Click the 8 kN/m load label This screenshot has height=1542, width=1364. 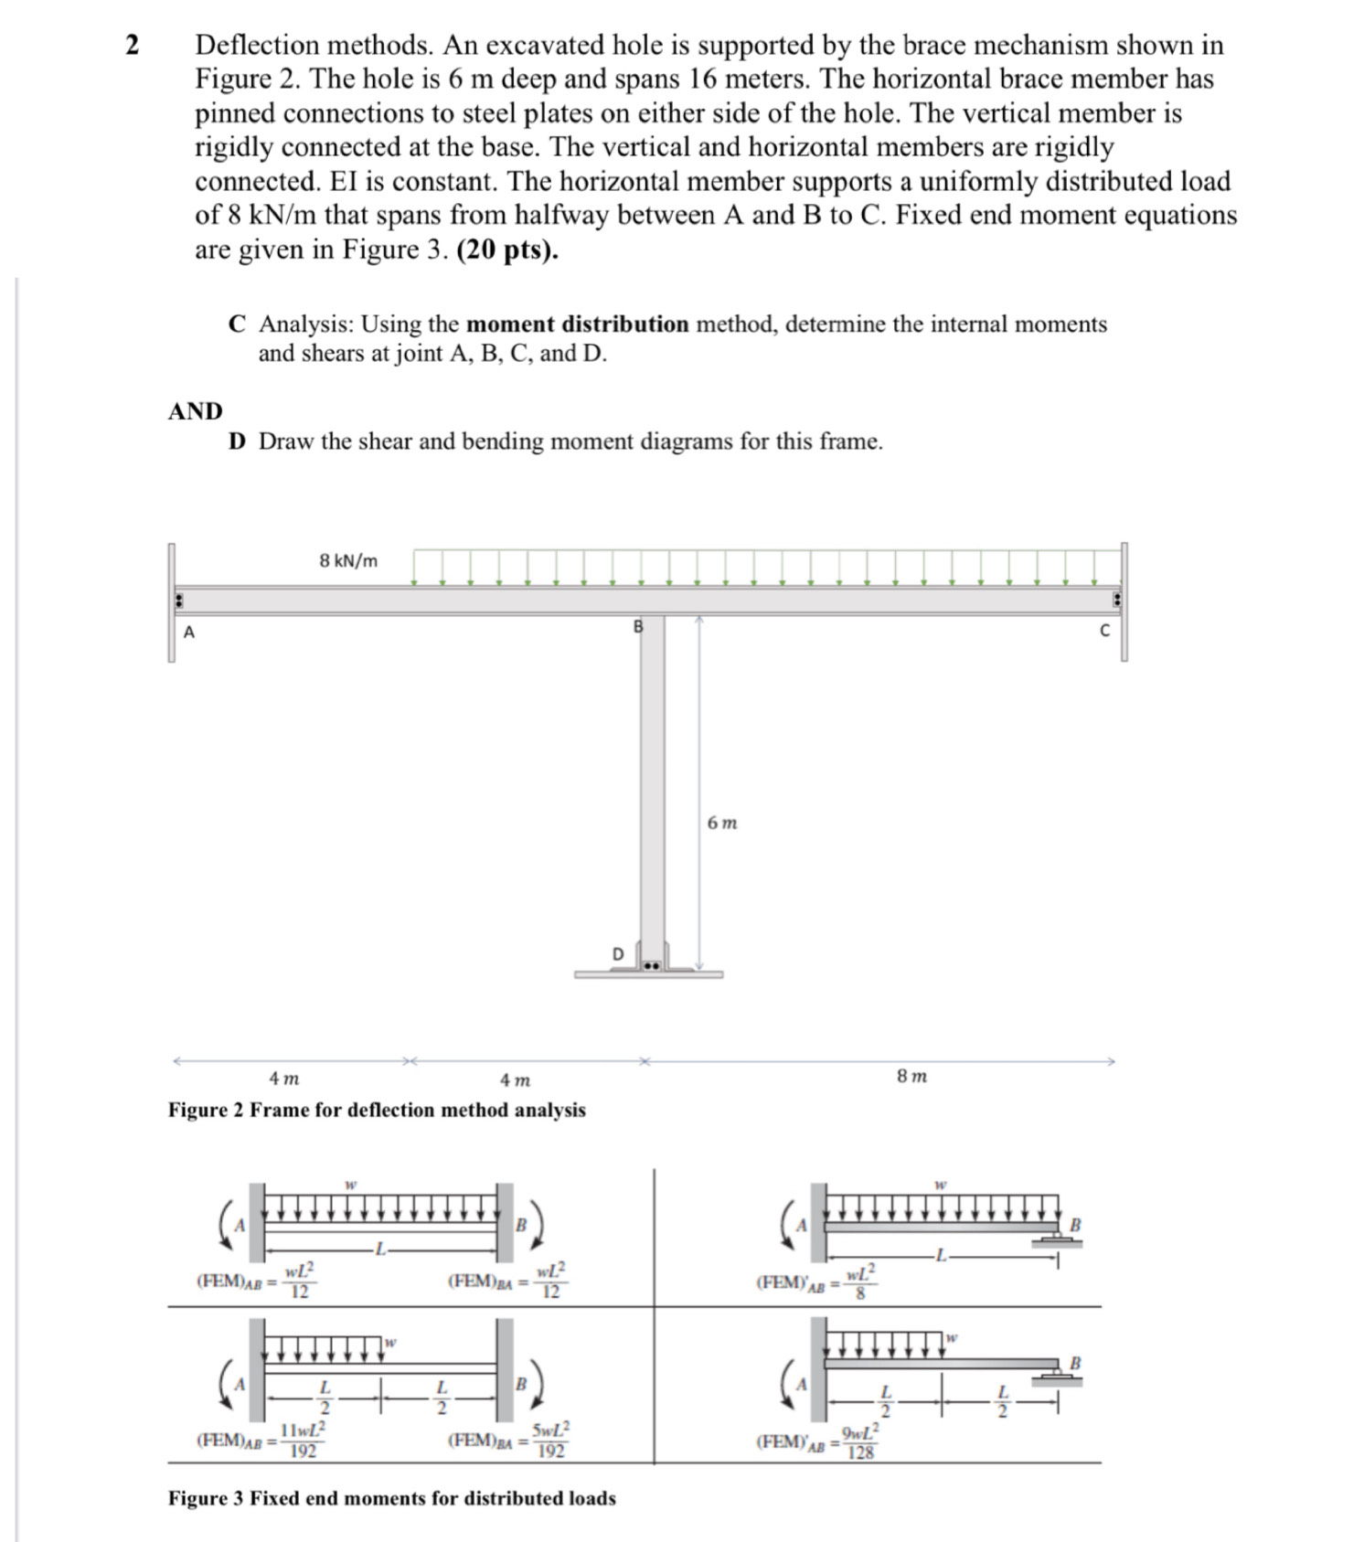348,560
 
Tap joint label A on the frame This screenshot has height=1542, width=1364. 189,631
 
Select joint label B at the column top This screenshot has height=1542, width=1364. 638,627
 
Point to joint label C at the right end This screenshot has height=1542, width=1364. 1104,631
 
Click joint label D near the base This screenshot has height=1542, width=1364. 617,953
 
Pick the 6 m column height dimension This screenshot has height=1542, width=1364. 722,823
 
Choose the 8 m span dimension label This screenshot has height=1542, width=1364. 911,1076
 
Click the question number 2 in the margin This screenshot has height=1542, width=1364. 133,45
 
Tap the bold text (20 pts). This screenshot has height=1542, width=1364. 507,250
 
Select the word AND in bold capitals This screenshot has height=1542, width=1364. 196,411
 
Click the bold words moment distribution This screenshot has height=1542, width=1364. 577,324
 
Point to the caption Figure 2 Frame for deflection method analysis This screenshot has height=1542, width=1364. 377,1110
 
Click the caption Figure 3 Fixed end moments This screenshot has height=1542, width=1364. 391,1498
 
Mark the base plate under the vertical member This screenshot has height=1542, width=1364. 648,974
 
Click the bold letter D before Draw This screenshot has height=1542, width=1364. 237,441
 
